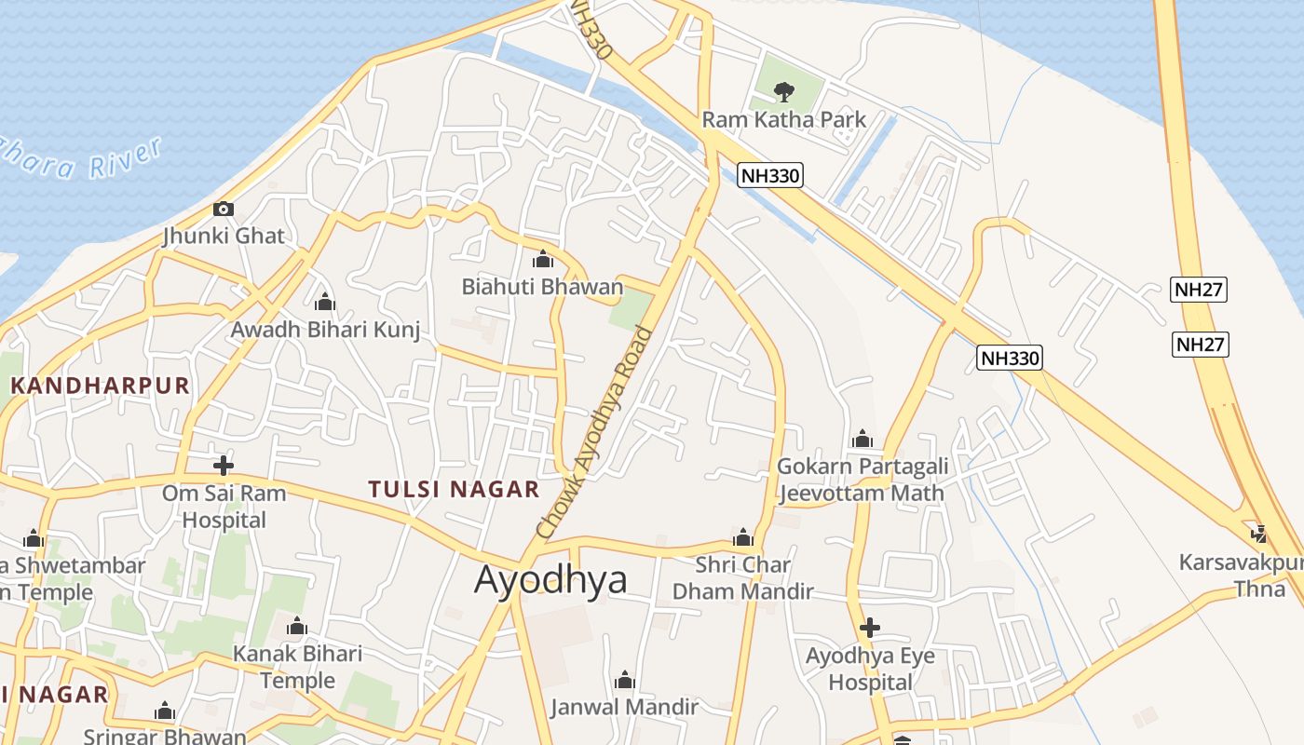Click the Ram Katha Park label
click(783, 119)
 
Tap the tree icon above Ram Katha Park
click(784, 91)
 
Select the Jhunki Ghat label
click(224, 236)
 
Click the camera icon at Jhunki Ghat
click(224, 209)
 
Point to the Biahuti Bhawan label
click(542, 287)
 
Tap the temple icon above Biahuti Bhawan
click(542, 259)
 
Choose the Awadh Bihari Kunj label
click(325, 330)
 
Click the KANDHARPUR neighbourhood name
click(100, 386)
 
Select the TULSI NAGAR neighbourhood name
click(454, 489)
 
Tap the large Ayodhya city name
click(550, 579)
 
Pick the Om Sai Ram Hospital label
click(224, 506)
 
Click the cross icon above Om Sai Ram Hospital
click(224, 466)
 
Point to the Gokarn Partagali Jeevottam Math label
click(863, 479)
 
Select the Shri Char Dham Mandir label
click(743, 577)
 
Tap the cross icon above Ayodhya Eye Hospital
click(869, 628)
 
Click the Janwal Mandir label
click(624, 707)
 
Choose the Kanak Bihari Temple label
click(297, 667)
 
